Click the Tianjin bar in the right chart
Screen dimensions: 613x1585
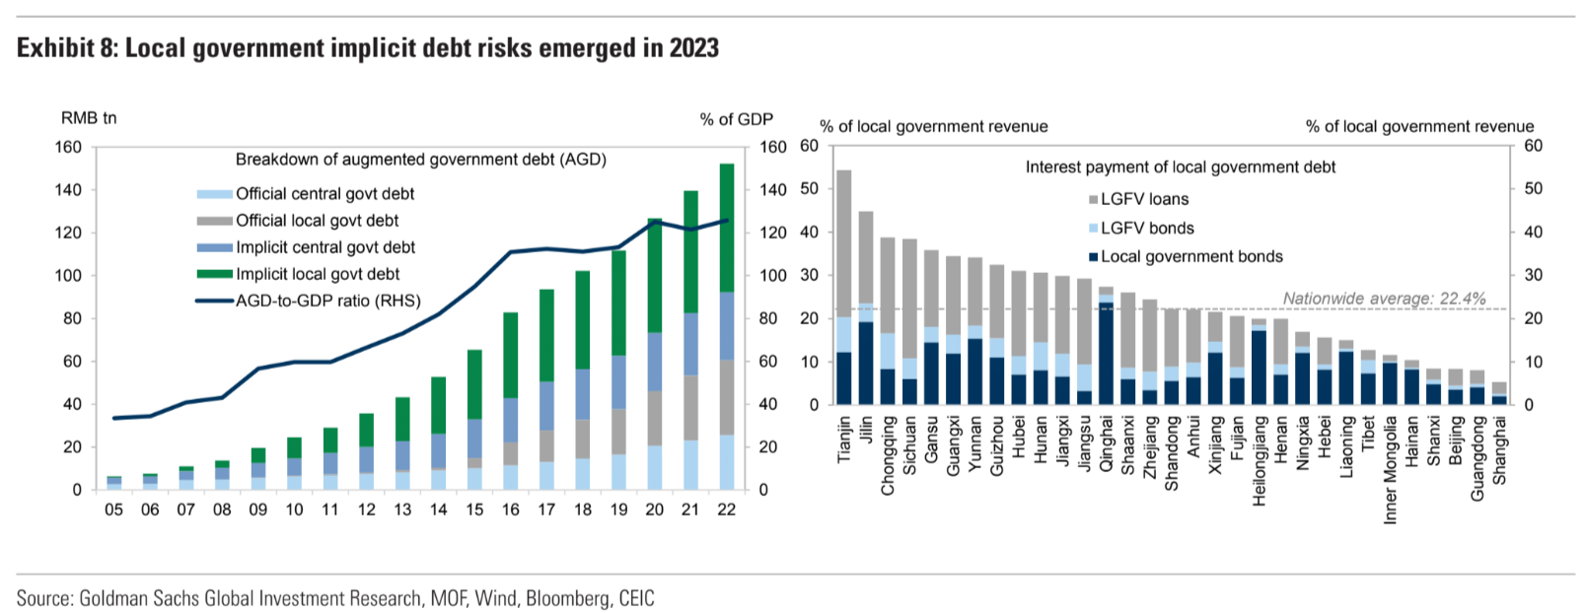844,286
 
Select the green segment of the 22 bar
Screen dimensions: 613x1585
726,227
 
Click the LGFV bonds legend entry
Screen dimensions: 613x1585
1141,228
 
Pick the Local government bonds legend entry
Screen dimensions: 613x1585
1186,256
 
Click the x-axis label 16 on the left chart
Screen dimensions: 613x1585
510,510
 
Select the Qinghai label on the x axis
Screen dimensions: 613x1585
1106,443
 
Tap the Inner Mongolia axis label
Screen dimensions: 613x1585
1391,469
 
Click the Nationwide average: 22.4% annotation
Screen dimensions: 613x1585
1384,299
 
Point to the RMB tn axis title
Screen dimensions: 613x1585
89,118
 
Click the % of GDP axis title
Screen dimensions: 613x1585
736,119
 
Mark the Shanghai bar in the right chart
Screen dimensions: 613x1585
1499,393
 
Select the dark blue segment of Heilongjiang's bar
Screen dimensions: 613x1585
1259,367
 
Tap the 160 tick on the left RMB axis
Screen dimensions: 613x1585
68,147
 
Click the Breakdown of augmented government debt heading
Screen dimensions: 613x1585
420,160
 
